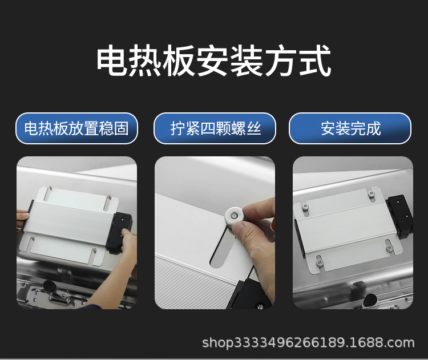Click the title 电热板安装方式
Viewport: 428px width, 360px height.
click(213, 62)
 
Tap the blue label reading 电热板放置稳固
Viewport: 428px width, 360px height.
click(76, 128)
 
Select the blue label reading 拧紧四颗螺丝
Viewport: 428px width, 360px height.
click(215, 128)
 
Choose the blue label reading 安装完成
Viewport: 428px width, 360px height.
click(350, 128)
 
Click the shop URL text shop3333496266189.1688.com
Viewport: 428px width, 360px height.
click(308, 343)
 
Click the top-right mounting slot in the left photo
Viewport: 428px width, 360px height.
click(108, 203)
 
